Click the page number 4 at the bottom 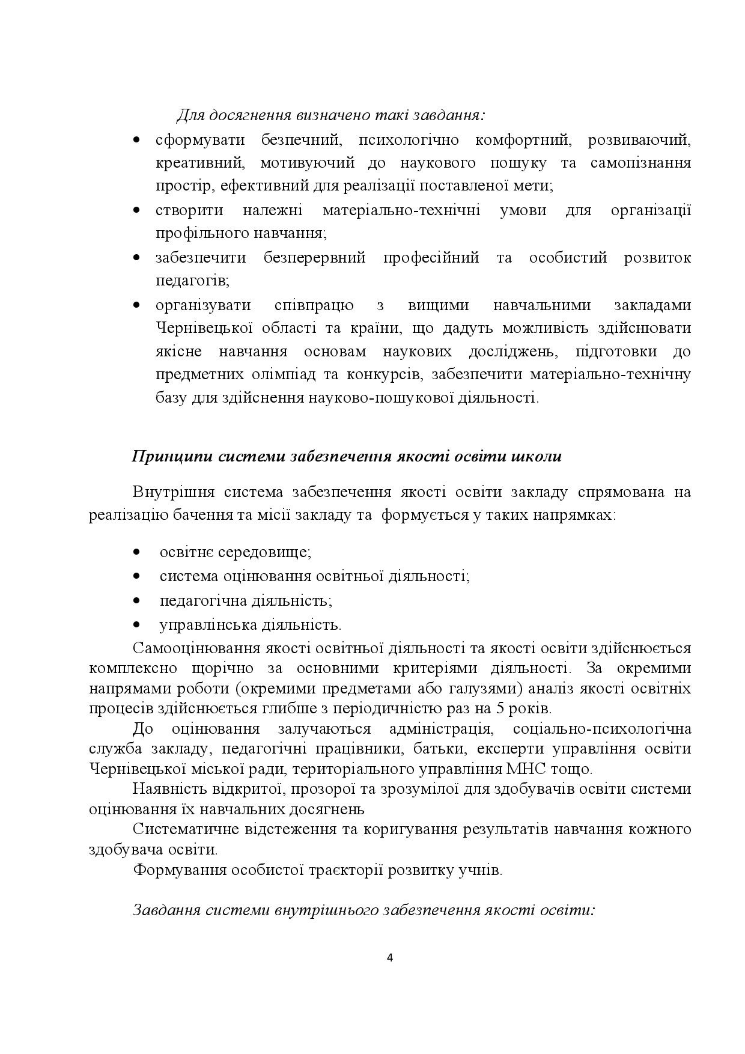click(x=390, y=958)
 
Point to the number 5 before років click(x=498, y=708)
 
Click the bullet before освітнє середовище click(x=136, y=552)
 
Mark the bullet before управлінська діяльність click(x=136, y=624)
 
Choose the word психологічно click(x=409, y=140)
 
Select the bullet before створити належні click(x=136, y=210)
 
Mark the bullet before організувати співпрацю click(x=136, y=305)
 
